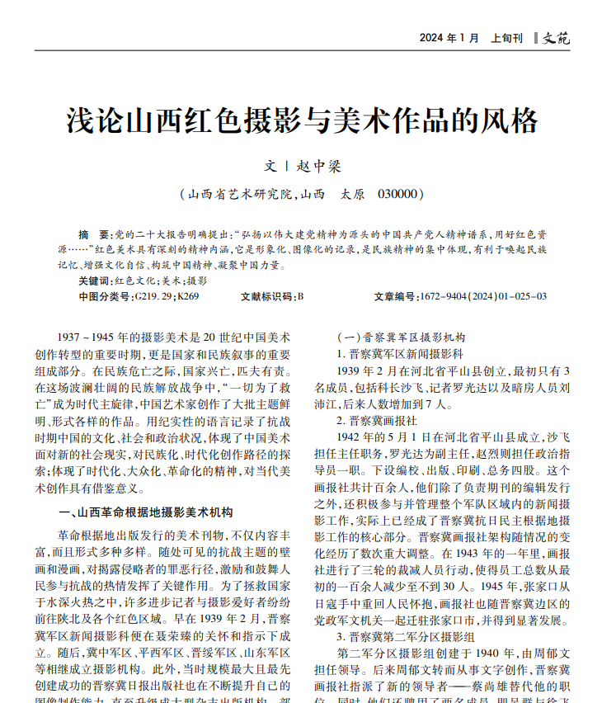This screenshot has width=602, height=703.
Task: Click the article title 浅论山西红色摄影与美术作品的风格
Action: pyautogui.click(x=302, y=121)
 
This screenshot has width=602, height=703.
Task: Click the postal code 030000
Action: pyautogui.click(x=400, y=195)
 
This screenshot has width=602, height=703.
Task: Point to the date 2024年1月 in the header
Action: pyautogui.click(x=449, y=38)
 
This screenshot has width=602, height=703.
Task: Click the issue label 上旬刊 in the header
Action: pyautogui.click(x=506, y=38)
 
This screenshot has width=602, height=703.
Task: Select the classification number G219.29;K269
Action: pyautogui.click(x=167, y=295)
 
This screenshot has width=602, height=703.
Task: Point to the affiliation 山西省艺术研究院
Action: pyautogui.click(x=240, y=195)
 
